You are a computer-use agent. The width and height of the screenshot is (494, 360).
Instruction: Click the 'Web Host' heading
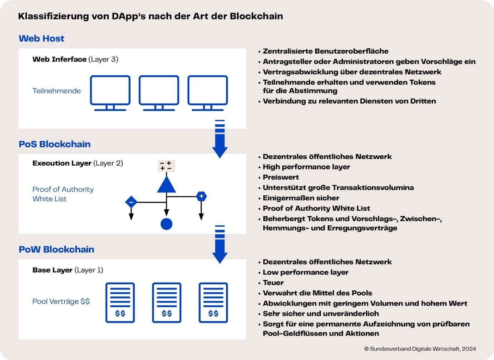coord(41,39)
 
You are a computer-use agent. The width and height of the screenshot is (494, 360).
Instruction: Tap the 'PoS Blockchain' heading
coord(55,144)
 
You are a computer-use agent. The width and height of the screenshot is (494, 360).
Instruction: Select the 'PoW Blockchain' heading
coord(56,249)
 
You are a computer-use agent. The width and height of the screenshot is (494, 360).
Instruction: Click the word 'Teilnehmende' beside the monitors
coord(57,91)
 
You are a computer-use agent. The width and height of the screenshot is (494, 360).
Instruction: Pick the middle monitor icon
coord(159,93)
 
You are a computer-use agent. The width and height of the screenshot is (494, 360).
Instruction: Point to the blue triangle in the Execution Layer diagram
coord(167,185)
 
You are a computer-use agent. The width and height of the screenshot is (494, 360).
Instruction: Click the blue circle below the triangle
coord(167,224)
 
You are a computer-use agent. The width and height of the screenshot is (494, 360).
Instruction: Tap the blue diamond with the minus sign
coord(131,202)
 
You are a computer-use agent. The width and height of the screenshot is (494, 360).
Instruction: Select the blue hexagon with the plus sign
coord(201,196)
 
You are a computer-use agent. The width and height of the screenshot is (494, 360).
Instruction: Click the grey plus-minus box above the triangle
coord(167,166)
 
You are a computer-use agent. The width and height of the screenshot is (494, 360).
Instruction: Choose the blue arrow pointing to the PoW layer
coord(220,244)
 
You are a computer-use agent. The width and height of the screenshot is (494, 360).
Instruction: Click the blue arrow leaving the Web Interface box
coord(220,139)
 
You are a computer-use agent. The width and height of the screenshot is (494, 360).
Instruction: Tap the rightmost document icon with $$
coord(213,303)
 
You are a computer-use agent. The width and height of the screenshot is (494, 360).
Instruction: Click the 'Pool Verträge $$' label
coord(61,301)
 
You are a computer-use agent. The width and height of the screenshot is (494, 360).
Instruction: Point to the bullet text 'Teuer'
coord(273,282)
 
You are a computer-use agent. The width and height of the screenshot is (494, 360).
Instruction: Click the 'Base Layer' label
coord(53,270)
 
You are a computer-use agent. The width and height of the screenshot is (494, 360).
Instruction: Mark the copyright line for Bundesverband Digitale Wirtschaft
coord(420,349)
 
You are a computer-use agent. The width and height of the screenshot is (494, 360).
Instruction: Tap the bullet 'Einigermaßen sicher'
coord(301,198)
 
